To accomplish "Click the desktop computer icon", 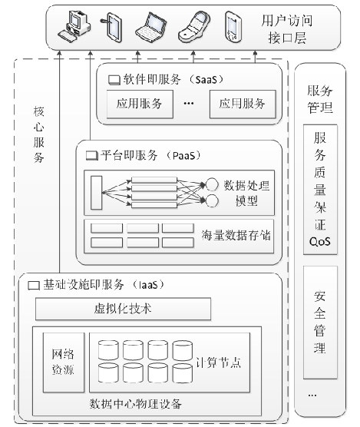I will pyautogui.click(x=75, y=26).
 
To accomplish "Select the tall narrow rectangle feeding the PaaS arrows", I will pyautogui.click(x=97, y=191).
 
